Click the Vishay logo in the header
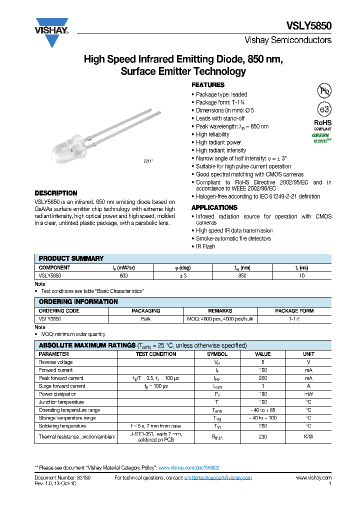tap(51, 32)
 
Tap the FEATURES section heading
tap(208, 85)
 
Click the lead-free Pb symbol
tap(324, 90)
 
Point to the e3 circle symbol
tap(324, 109)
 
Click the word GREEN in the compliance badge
tap(320, 135)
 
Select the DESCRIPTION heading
tap(56, 193)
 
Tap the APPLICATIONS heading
tap(214, 207)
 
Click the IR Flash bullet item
tap(205, 246)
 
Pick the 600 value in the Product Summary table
tap(123, 275)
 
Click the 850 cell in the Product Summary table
tap(242, 275)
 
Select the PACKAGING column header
tap(145, 310)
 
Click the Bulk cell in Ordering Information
tap(145, 318)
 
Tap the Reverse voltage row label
tap(55, 362)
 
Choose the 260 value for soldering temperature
tap(262, 426)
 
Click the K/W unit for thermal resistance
tap(308, 436)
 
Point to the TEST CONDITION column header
tap(156, 354)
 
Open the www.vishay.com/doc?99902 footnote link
tap(189, 467)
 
